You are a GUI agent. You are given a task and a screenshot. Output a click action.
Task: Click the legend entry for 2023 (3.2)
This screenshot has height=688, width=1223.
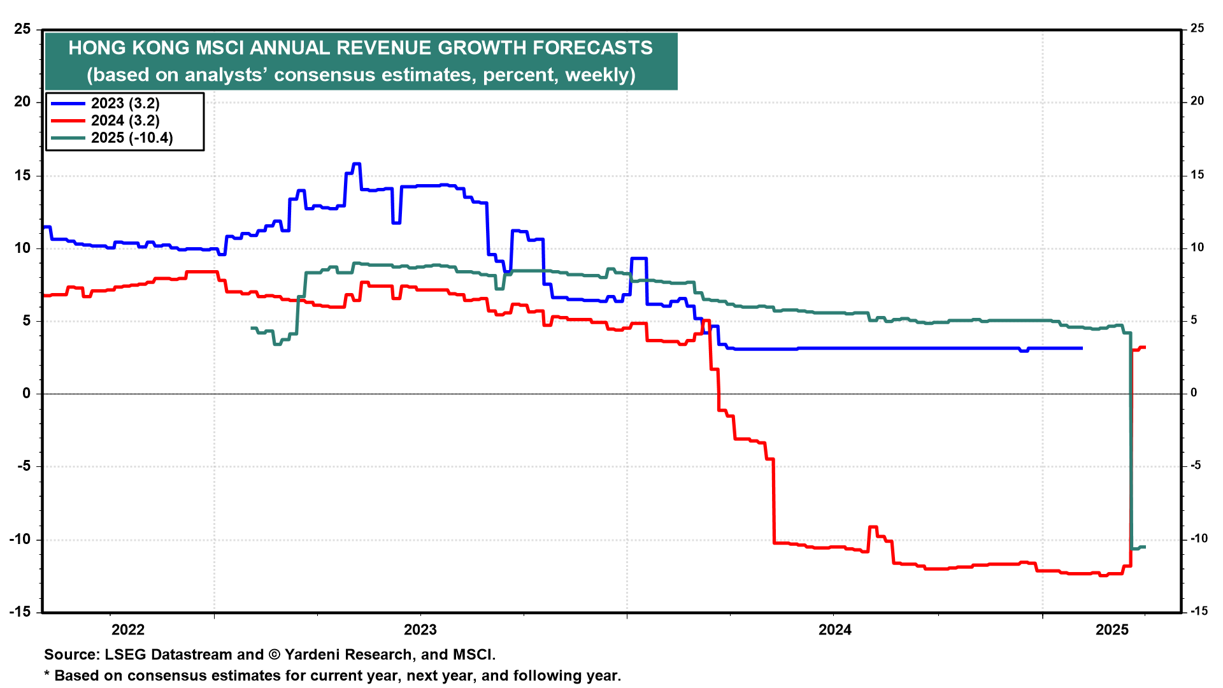pos(125,103)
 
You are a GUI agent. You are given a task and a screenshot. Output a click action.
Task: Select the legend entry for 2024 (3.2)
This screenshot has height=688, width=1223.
pos(125,120)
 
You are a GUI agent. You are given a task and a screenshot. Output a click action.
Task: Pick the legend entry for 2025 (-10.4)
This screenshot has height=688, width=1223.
pos(132,138)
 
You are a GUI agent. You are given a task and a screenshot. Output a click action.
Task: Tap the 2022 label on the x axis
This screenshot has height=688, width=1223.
pos(128,630)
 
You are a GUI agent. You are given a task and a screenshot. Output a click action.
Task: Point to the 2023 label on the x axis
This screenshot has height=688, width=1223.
pos(420,630)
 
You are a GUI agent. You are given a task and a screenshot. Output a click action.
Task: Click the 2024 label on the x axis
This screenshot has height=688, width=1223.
pos(834,630)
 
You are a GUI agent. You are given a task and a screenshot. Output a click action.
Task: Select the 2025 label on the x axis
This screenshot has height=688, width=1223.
pos(1112,630)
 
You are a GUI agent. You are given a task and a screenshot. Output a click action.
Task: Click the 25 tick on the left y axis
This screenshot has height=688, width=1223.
pos(22,29)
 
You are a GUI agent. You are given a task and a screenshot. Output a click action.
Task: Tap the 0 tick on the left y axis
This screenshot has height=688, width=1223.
pos(26,393)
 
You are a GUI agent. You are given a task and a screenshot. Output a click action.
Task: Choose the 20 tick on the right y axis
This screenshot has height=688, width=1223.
pos(1197,101)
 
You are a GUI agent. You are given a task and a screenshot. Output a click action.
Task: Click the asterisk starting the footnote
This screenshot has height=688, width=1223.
pos(46,675)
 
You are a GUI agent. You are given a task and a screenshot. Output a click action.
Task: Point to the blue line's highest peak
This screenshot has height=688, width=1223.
pos(356,164)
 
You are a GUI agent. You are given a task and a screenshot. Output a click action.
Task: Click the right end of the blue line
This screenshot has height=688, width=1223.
pos(1082,348)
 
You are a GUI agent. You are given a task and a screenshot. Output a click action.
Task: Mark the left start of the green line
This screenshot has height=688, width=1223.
pos(252,328)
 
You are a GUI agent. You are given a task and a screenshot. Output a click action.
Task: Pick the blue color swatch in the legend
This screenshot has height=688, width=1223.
pos(68,103)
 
